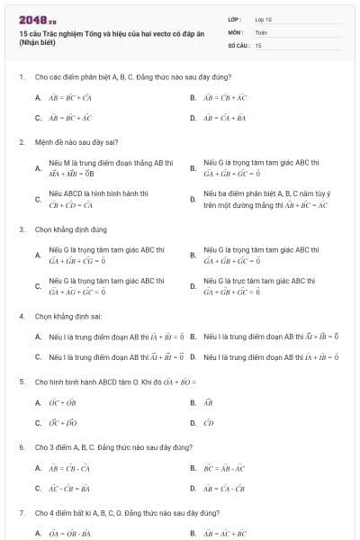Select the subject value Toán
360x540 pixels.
pos(261,31)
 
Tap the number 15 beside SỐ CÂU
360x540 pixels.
pos(258,44)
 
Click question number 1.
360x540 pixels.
pos(21,77)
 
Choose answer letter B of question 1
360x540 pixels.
pos(193,97)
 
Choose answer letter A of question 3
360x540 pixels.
pos(38,255)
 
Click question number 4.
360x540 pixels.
pos(21,317)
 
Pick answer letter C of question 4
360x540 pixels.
pos(38,357)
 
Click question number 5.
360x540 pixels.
pos(21,382)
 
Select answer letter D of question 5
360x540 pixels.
pos(193,422)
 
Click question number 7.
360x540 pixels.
pos(21,512)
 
